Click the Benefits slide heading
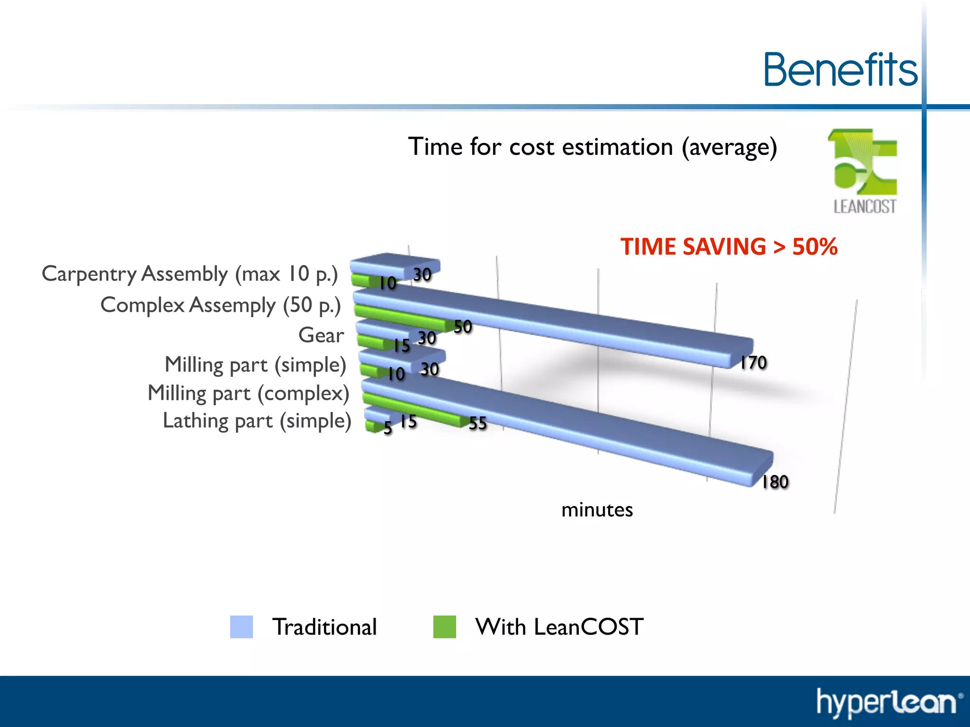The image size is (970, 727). [x=841, y=70]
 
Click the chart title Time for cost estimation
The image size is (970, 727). [x=592, y=147]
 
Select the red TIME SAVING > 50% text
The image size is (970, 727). [x=728, y=247]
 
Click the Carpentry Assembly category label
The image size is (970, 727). [x=189, y=274]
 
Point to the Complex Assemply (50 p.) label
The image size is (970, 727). [x=221, y=305]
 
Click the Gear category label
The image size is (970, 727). [x=321, y=335]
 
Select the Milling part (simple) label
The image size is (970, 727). [x=255, y=365]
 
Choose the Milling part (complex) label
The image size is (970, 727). [x=248, y=393]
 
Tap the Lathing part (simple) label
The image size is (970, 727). [x=257, y=421]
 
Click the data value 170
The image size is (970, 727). [x=753, y=363]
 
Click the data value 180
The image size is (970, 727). [x=775, y=482]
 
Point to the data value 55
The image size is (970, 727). [x=477, y=423]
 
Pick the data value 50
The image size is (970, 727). [x=463, y=327]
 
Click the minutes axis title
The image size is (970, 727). [x=597, y=510]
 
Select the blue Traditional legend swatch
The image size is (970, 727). [x=241, y=627]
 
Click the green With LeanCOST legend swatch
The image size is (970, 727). [x=444, y=627]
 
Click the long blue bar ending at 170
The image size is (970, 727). [x=568, y=327]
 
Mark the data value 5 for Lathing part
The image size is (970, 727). [x=388, y=428]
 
